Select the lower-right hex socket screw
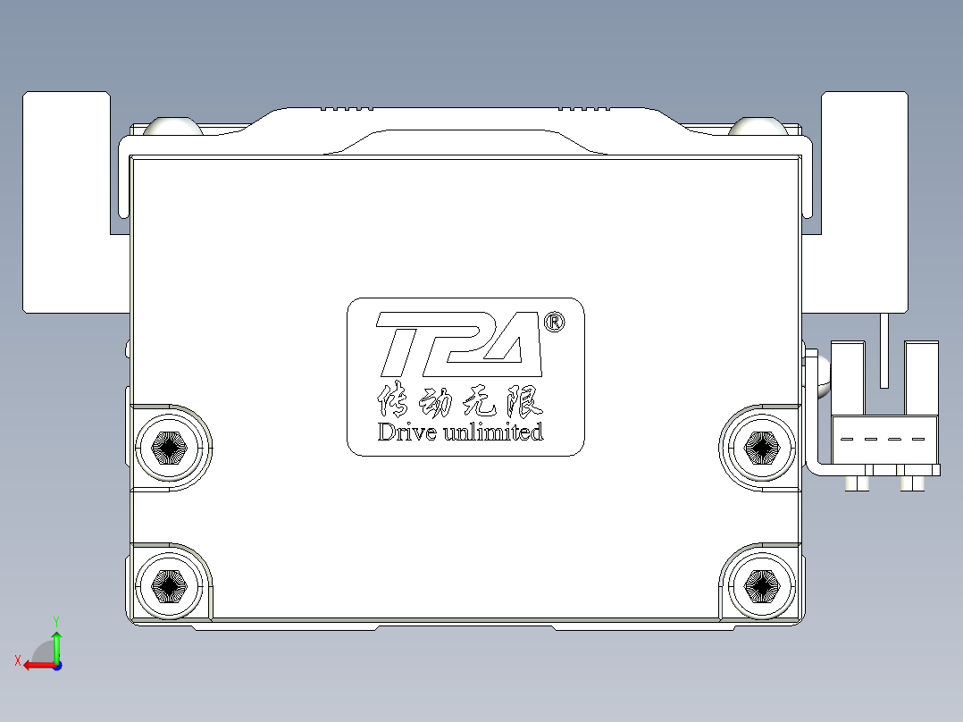tap(762, 586)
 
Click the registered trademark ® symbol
tap(554, 322)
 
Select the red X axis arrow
tap(36, 665)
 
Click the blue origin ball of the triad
tap(57, 665)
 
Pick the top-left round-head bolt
tap(174, 126)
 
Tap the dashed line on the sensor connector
tap(883, 440)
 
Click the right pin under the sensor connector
tap(912, 483)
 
